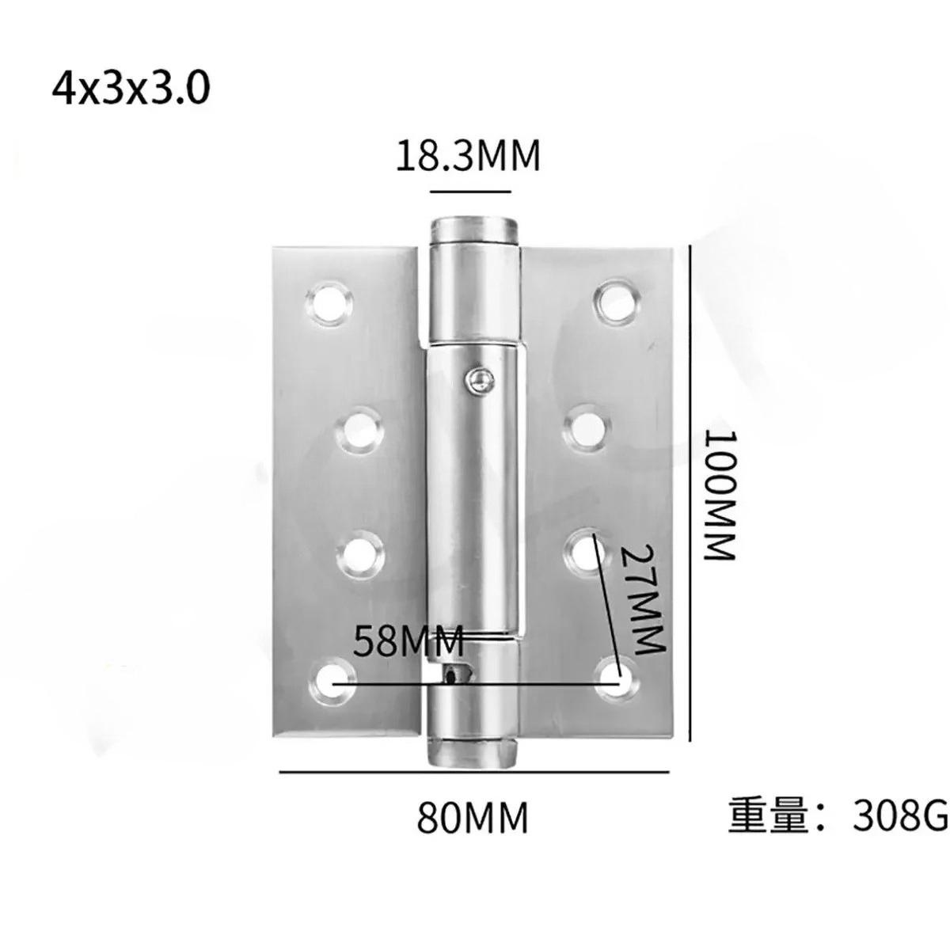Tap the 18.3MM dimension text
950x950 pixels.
469,155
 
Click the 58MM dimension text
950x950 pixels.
408,640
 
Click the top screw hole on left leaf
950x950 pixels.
329,302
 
